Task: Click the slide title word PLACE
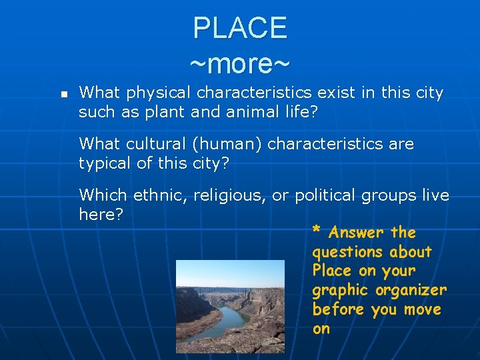pos(240,28)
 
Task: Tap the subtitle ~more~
pos(240,64)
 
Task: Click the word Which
pos(103,195)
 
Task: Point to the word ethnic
pos(162,195)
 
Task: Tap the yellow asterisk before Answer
pos(317,232)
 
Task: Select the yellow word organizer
pos(411,290)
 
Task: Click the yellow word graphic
pos(339,290)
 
